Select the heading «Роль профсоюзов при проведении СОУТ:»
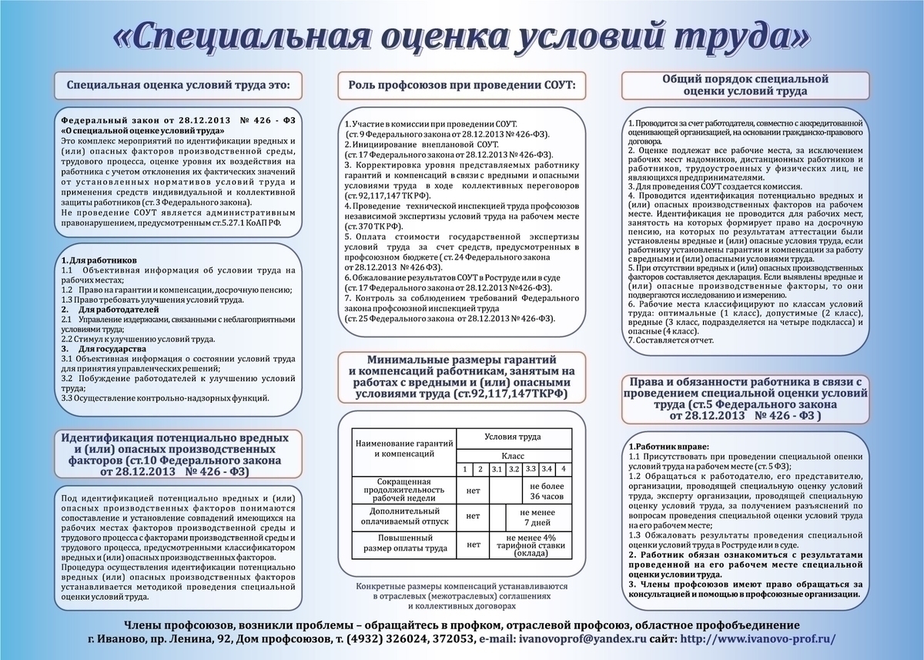tap(462, 83)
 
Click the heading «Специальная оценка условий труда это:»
tap(179, 86)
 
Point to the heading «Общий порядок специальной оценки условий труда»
tap(745, 85)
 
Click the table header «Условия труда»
tap(513, 437)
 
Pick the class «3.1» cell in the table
tap(497, 469)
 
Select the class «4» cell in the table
tap(564, 469)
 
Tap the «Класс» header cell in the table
tap(513, 456)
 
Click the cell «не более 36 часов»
tap(547, 491)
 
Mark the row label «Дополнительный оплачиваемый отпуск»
tap(404, 515)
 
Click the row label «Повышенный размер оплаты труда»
tap(404, 543)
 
